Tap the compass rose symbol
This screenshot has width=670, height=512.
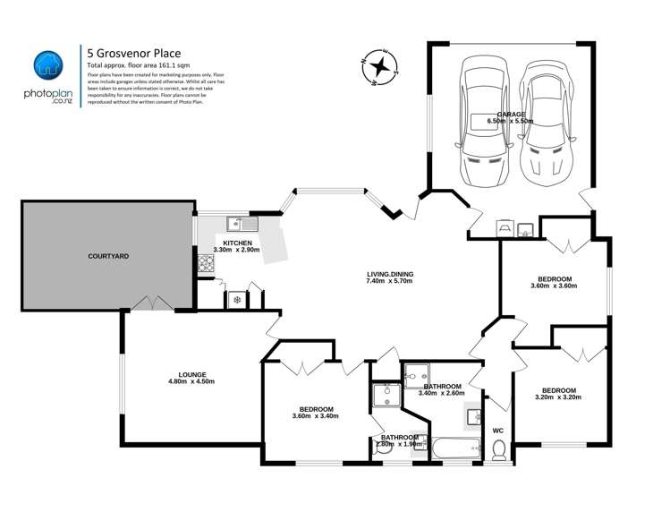click(381, 65)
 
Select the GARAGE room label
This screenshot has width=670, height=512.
click(510, 113)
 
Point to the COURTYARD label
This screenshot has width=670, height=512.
click(108, 256)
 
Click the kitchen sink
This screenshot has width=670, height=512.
click(242, 224)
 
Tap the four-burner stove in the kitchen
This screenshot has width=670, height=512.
click(205, 264)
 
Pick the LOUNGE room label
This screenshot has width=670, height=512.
click(192, 374)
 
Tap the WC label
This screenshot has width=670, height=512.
click(498, 431)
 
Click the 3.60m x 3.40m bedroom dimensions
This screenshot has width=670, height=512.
click(316, 415)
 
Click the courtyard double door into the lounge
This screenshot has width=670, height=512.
click(150, 304)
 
